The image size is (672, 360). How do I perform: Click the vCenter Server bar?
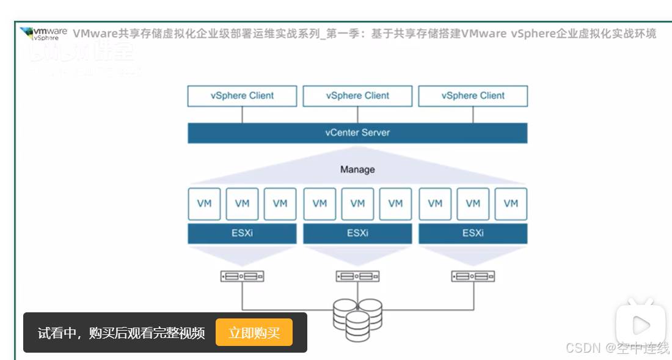[357, 133]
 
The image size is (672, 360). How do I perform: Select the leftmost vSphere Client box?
[242, 96]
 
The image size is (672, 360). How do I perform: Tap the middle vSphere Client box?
[357, 96]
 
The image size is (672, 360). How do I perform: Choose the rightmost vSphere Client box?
[473, 96]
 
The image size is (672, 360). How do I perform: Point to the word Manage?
[357, 169]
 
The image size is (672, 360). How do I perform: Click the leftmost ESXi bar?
[242, 233]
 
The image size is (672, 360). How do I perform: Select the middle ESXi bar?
[357, 233]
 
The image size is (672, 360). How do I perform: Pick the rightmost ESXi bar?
[473, 233]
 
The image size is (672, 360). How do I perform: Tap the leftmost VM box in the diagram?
[205, 204]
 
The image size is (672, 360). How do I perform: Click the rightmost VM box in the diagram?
[511, 204]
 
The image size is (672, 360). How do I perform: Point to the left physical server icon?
[242, 276]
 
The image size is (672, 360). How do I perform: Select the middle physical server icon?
[357, 276]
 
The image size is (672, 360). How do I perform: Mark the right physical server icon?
[473, 276]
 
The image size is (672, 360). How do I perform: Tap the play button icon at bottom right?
[640, 324]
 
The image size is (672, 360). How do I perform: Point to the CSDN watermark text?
[617, 348]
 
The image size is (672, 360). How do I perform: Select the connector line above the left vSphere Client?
[242, 114]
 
